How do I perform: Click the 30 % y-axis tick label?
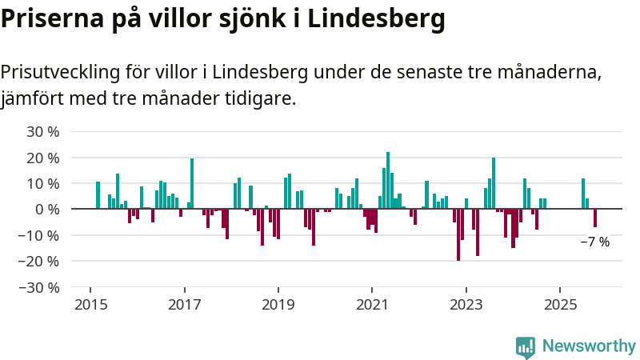pos(43,132)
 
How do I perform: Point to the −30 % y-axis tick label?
pos(40,287)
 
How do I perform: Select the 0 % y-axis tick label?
pos(47,210)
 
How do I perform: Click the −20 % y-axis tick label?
pos(40,262)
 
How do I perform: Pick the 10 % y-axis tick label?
pos(43,184)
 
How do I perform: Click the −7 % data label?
pos(594,242)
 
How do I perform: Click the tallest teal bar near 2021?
pos(388,180)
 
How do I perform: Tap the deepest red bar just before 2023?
pos(458,234)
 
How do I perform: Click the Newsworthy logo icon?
pos(526,347)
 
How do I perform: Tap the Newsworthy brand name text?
pos(589,346)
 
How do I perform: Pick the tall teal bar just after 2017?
pos(192,183)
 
